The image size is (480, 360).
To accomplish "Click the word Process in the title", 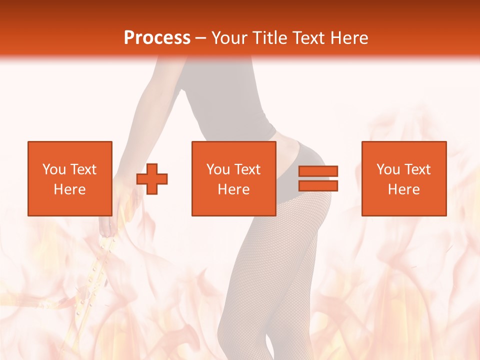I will click(x=157, y=38).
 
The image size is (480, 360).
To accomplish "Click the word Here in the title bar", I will click(x=349, y=38).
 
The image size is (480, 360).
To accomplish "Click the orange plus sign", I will click(x=152, y=179).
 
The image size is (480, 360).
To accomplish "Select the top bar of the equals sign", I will click(x=318, y=171).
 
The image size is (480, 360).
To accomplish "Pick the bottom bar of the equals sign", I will click(x=318, y=186).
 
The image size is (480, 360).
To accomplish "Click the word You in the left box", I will click(x=54, y=169).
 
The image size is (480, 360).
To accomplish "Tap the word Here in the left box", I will click(x=69, y=189).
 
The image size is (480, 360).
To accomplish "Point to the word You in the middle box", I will click(x=218, y=169).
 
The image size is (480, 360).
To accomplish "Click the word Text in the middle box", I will click(x=247, y=169).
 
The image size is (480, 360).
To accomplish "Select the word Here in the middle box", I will click(x=233, y=189).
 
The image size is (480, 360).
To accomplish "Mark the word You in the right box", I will click(x=388, y=169).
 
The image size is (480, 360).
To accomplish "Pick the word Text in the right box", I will click(x=417, y=169).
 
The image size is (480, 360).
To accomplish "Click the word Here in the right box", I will click(x=403, y=189).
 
